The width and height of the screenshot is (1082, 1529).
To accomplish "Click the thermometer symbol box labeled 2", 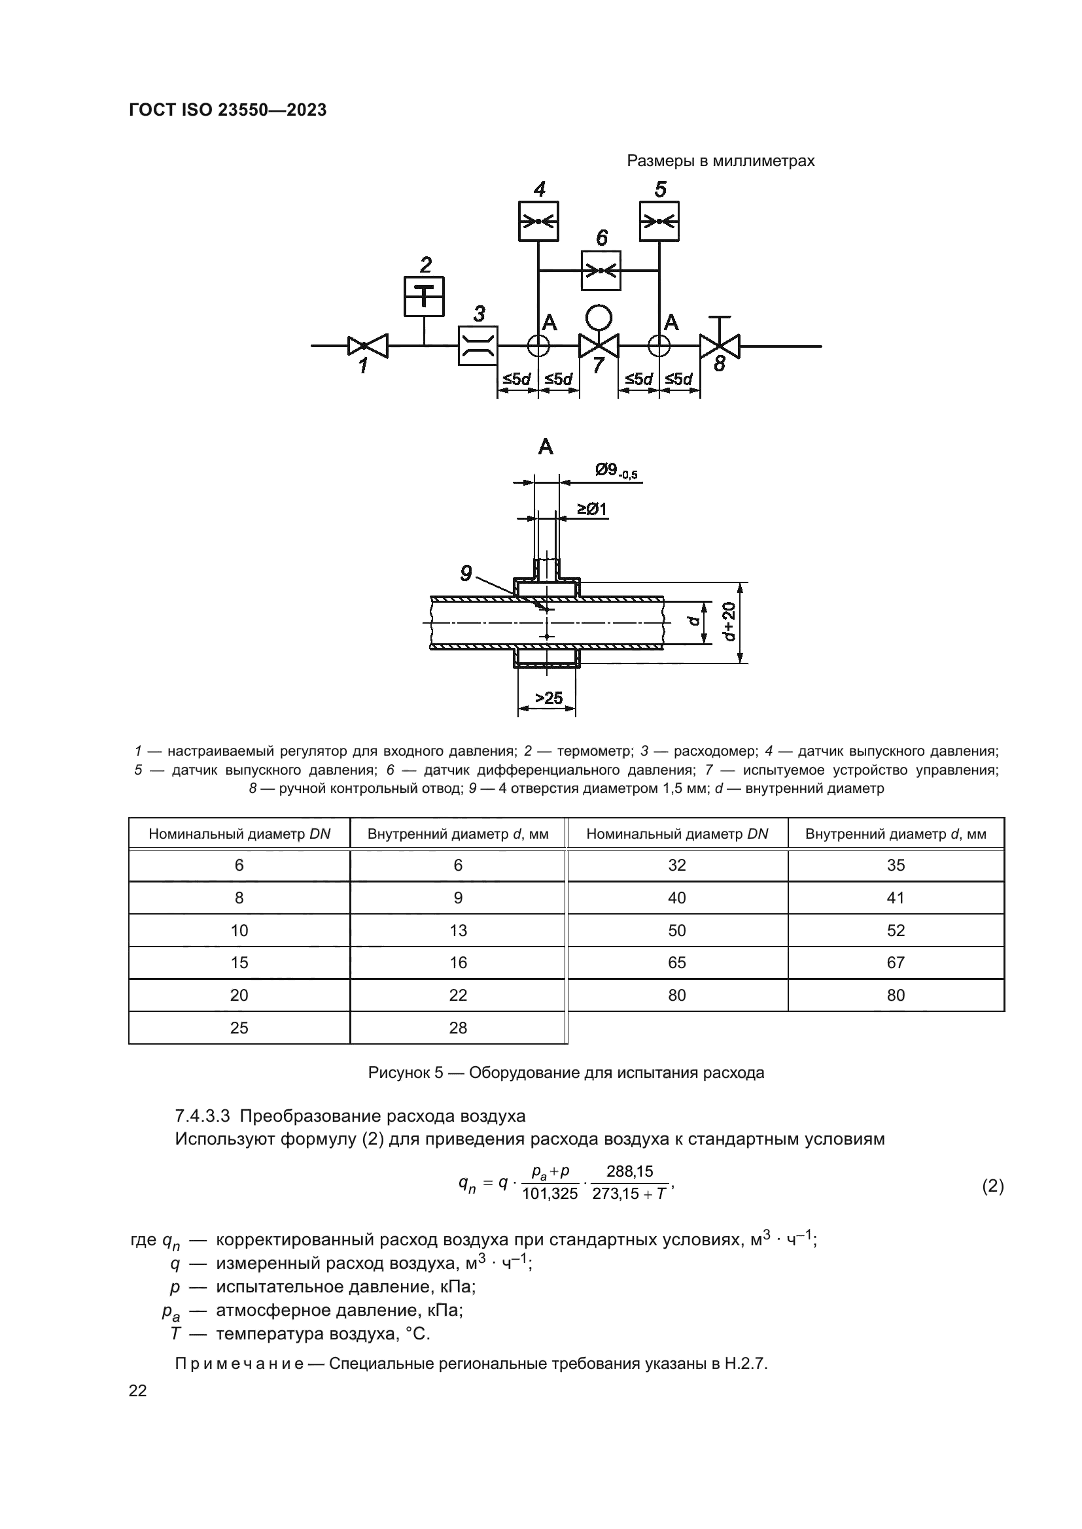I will [x=425, y=296].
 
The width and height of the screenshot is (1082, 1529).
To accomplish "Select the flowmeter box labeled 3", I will [x=478, y=346].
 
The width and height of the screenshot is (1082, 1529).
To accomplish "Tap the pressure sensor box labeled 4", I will [x=538, y=221].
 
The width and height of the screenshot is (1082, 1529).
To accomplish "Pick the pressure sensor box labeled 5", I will [x=659, y=221].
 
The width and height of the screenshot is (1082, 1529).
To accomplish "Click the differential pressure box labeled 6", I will [x=601, y=271].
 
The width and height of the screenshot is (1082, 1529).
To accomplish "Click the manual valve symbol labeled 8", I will [x=720, y=346].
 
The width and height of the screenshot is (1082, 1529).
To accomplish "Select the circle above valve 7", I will [x=599, y=318].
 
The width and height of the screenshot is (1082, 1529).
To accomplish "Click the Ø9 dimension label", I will [x=616, y=471].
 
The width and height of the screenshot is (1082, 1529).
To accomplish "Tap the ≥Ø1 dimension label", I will [x=591, y=509].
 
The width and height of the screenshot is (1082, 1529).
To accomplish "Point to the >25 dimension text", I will [x=548, y=698].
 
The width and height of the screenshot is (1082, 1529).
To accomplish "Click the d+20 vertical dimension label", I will [x=729, y=621].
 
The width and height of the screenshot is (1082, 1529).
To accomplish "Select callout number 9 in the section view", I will [x=466, y=573].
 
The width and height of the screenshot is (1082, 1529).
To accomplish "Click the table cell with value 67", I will [x=896, y=962].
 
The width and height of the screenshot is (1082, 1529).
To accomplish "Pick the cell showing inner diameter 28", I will [x=458, y=1028].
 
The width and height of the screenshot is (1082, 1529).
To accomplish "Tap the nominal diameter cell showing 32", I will [x=676, y=865].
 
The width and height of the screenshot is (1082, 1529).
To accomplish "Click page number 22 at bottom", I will [x=138, y=1390].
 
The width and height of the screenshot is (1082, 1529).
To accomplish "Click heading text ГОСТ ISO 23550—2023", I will [x=228, y=110].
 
